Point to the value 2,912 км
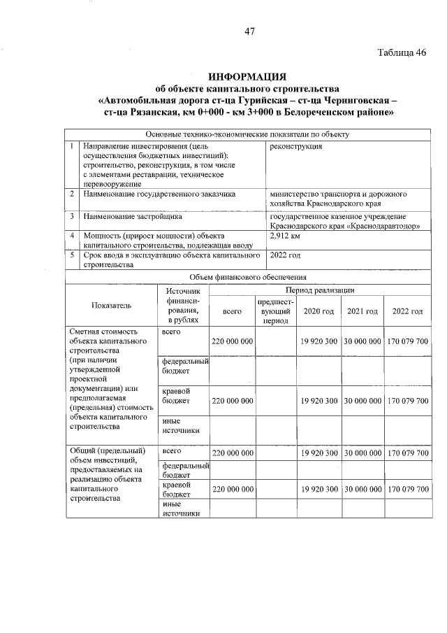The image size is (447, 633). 285,236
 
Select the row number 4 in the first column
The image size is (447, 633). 73,236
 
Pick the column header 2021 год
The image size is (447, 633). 362,311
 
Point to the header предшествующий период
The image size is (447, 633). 275,311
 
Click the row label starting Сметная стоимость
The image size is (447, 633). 103,331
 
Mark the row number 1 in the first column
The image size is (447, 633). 73,147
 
